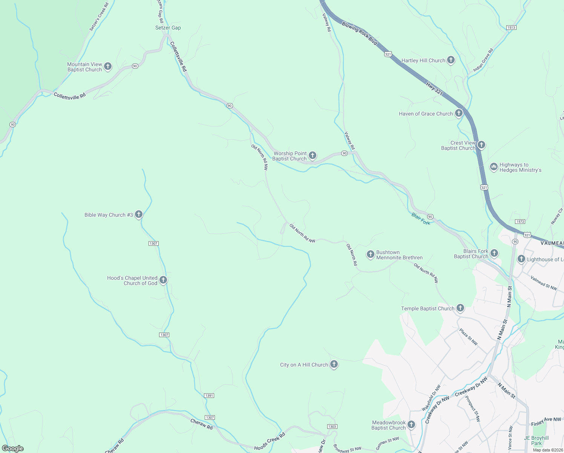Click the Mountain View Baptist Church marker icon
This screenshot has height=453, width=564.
107,66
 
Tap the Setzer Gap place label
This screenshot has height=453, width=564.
168,28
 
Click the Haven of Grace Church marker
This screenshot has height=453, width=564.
458,113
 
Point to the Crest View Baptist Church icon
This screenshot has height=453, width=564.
481,145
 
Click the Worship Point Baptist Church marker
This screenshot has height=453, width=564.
312,155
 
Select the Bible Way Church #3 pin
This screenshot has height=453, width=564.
138,214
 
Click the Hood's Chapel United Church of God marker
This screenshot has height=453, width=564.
163,280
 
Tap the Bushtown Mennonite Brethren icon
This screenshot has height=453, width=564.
370,254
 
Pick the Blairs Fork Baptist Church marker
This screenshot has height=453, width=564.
494,253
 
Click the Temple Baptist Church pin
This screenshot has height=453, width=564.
460,308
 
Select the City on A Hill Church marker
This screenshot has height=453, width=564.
334,364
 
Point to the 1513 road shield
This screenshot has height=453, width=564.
511,28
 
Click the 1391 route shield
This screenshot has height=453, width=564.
209,396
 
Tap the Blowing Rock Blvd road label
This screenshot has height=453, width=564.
359,33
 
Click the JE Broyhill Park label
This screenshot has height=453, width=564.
536,441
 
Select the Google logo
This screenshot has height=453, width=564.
13,448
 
